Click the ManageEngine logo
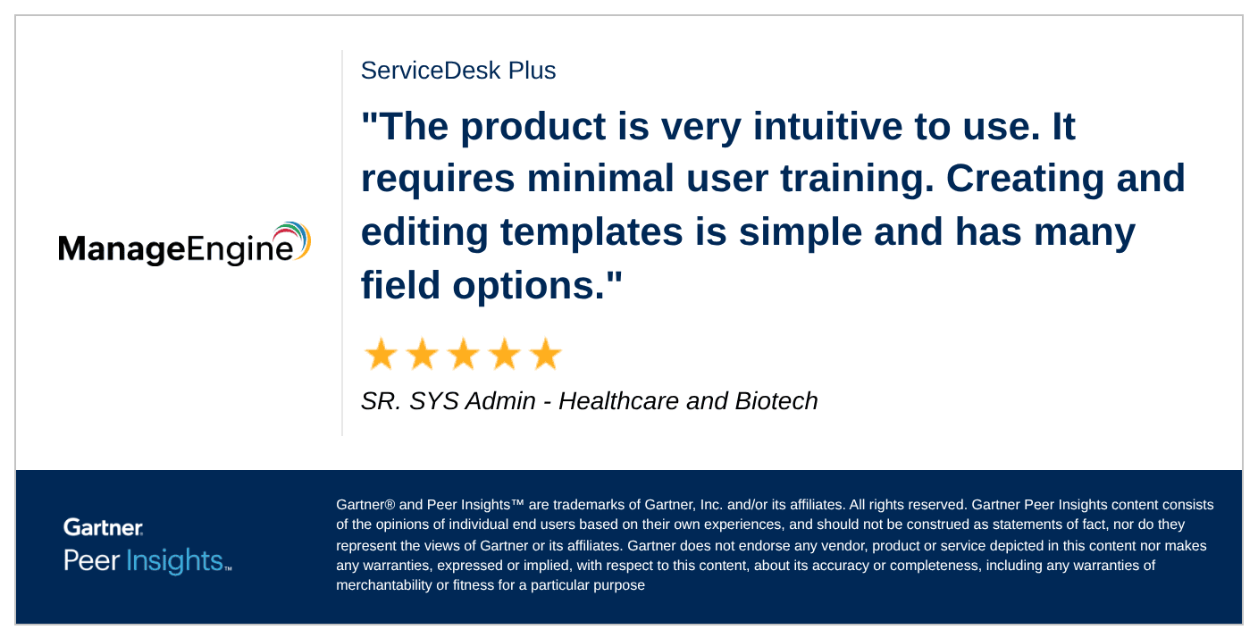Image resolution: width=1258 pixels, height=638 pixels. pyautogui.click(x=184, y=244)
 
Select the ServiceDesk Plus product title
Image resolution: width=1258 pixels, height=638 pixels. pyautogui.click(x=458, y=71)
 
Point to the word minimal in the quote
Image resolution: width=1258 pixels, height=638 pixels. pyautogui.click(x=600, y=178)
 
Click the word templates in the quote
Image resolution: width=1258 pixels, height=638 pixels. pyautogui.click(x=591, y=233)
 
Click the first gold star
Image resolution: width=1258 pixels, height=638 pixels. pyautogui.click(x=381, y=354)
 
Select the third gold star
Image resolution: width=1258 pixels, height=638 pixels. pyautogui.click(x=464, y=354)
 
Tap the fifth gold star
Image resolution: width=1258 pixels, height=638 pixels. pyautogui.click(x=545, y=354)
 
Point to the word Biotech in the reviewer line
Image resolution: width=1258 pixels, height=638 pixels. pyautogui.click(x=776, y=401)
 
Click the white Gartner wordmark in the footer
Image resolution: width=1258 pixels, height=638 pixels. pyautogui.click(x=104, y=527)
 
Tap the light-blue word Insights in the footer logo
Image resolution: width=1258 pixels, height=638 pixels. pyautogui.click(x=175, y=561)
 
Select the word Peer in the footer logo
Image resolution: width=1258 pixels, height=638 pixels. pyautogui.click(x=91, y=561)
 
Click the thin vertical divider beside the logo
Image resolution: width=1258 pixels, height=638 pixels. pyautogui.click(x=342, y=243)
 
